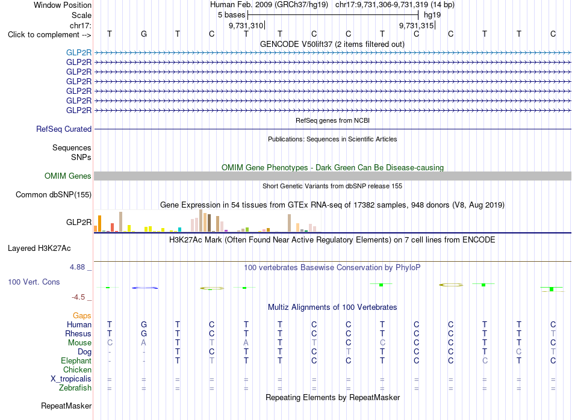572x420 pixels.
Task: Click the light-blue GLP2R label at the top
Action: (79, 52)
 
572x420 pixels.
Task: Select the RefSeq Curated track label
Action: (64, 129)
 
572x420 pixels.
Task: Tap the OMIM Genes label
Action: (68, 176)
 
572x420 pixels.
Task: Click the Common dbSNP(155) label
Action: (54, 195)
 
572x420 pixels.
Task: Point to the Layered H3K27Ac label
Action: (39, 249)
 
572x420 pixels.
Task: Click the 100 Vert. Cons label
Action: (34, 282)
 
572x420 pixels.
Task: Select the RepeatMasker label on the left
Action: (66, 406)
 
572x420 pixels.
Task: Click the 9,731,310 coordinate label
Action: (246, 25)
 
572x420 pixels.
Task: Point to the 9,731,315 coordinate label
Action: (416, 25)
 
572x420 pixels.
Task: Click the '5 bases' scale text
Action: (232, 15)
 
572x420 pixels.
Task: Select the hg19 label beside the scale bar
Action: (432, 15)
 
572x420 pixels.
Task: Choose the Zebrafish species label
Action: (75, 388)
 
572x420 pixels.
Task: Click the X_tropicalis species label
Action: (71, 379)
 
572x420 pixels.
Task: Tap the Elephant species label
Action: (76, 361)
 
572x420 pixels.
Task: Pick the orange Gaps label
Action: (82, 316)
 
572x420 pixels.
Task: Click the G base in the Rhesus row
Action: (144, 333)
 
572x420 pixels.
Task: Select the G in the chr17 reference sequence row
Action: (144, 34)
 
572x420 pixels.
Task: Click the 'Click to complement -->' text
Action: (49, 35)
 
